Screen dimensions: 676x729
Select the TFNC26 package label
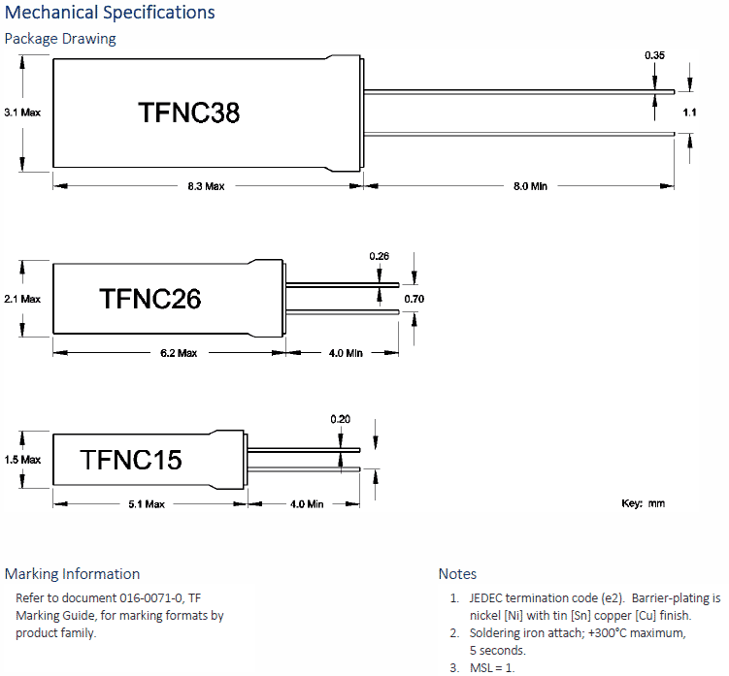click(x=149, y=299)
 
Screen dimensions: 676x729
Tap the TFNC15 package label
click(x=131, y=459)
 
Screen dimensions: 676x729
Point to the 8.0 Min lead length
click(x=529, y=186)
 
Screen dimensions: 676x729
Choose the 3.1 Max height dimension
click(x=22, y=113)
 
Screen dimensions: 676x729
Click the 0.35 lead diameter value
click(x=654, y=56)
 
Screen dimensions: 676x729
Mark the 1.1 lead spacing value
click(x=689, y=113)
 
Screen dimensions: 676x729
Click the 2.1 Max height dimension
click(x=22, y=300)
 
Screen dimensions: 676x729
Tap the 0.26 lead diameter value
click(x=379, y=256)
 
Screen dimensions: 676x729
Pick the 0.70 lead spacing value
click(x=414, y=299)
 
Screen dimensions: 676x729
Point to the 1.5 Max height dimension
click(x=22, y=460)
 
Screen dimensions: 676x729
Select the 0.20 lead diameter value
click(x=340, y=419)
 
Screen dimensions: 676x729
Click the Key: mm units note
click(x=643, y=503)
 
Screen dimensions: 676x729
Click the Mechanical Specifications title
click(x=110, y=13)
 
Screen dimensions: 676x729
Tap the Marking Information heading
click(x=72, y=573)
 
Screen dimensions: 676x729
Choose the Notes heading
click(x=457, y=573)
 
